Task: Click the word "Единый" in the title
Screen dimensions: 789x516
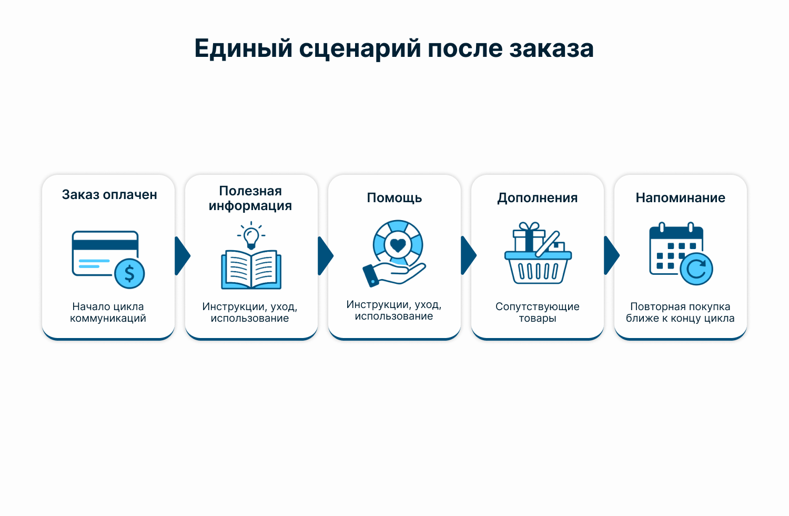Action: pyautogui.click(x=244, y=48)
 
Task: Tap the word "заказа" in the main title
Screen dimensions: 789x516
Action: pyautogui.click(x=552, y=48)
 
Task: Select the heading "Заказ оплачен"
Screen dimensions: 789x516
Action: pyautogui.click(x=109, y=195)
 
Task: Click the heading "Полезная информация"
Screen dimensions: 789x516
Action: pyautogui.click(x=250, y=198)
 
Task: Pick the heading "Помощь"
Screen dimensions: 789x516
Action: pyautogui.click(x=394, y=198)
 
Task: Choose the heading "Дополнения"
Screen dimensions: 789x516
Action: pyautogui.click(x=538, y=198)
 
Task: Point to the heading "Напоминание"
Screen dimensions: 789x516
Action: pyautogui.click(x=681, y=198)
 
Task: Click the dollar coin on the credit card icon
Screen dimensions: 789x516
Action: pyautogui.click(x=129, y=273)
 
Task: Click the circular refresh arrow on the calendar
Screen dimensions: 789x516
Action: pyautogui.click(x=696, y=269)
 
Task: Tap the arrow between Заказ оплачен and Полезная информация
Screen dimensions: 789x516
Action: pyautogui.click(x=183, y=256)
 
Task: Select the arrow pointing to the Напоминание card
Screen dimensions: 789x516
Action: pyautogui.click(x=611, y=256)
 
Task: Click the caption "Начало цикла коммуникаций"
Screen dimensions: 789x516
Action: pyautogui.click(x=108, y=312)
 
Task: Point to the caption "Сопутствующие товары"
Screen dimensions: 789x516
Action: pyautogui.click(x=538, y=312)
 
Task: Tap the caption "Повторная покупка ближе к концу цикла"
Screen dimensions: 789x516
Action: pyautogui.click(x=680, y=312)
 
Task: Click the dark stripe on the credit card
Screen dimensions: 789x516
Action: pyautogui.click(x=105, y=245)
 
